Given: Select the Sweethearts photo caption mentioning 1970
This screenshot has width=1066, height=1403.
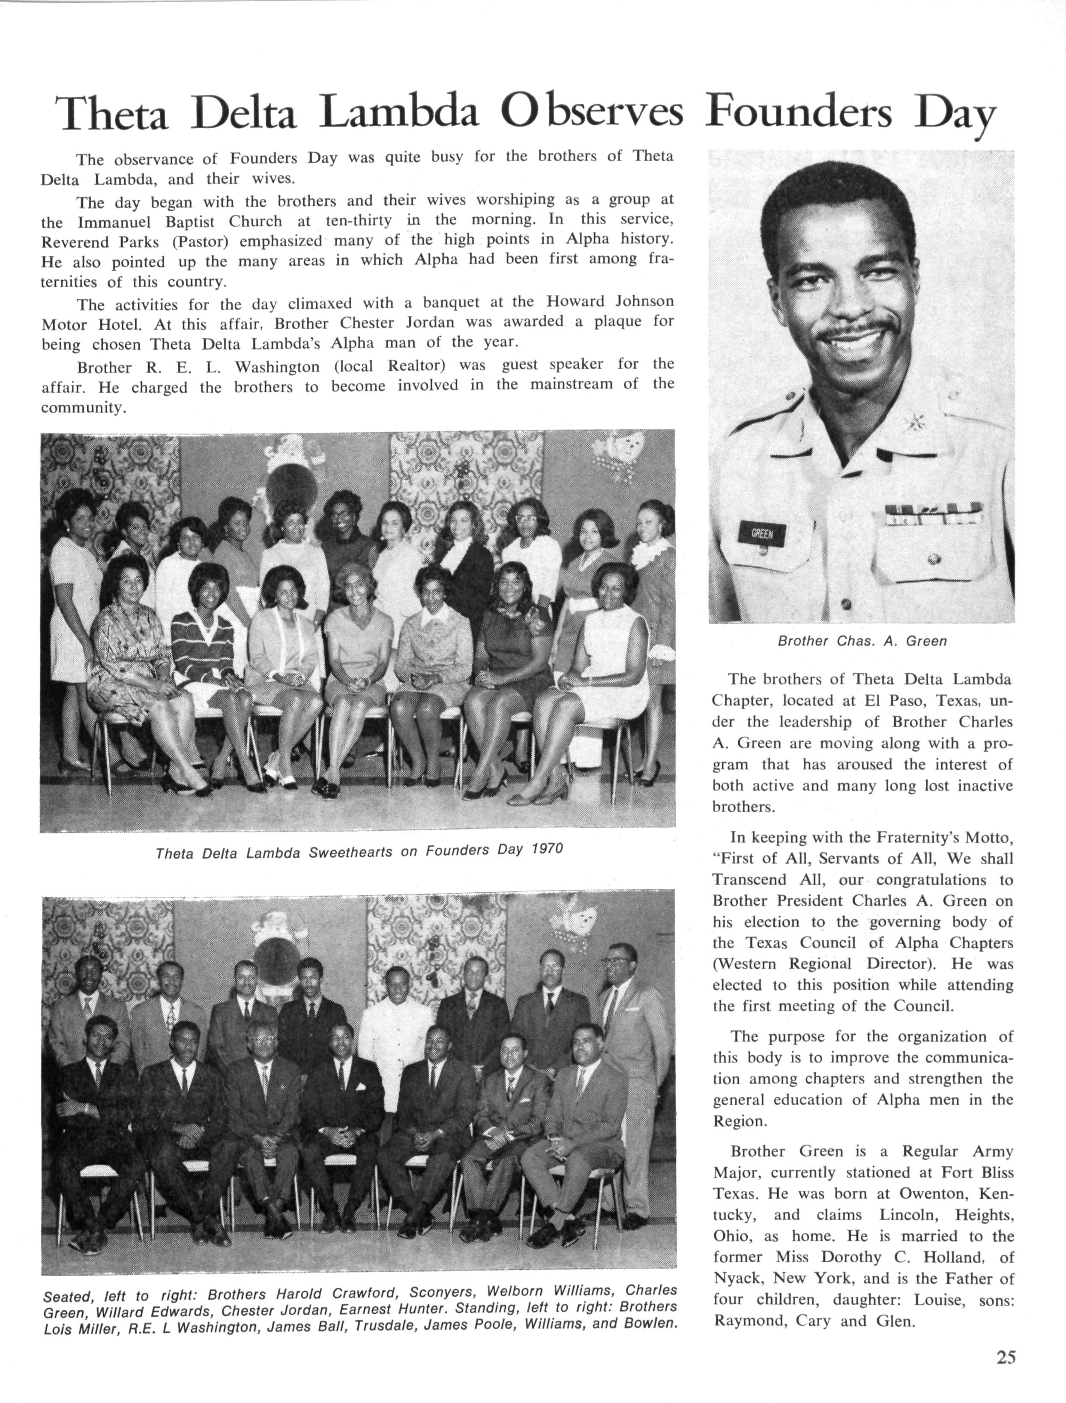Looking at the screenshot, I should (x=359, y=851).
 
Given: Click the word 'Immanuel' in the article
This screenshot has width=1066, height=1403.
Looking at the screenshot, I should (x=116, y=222).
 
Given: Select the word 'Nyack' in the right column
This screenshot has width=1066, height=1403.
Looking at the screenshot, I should (x=735, y=1278).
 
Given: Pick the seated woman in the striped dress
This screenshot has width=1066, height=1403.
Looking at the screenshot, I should (x=202, y=641).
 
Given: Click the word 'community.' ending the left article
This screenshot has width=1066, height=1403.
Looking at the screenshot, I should (x=84, y=408).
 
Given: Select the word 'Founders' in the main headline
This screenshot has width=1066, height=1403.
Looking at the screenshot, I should (x=798, y=112).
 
